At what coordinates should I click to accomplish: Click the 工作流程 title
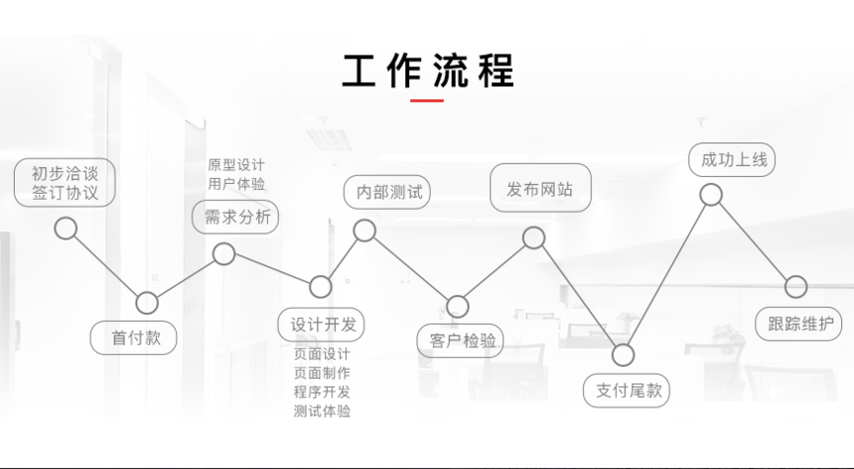pyautogui.click(x=428, y=71)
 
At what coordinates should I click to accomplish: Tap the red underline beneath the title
pyautogui.click(x=426, y=100)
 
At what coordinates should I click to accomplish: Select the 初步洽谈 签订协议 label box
pyautogui.click(x=65, y=183)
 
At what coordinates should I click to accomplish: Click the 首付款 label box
pyautogui.click(x=133, y=338)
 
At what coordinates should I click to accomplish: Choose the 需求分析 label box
pyautogui.click(x=235, y=217)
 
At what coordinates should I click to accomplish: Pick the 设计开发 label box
pyautogui.click(x=321, y=325)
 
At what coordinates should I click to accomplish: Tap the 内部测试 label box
pyautogui.click(x=386, y=192)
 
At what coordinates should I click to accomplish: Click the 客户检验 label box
pyautogui.click(x=460, y=341)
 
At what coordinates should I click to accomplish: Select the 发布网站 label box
pyautogui.click(x=540, y=188)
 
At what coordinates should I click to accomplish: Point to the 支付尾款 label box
pyautogui.click(x=627, y=391)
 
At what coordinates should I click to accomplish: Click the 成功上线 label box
pyautogui.click(x=732, y=160)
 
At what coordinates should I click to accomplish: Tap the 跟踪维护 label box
pyautogui.click(x=798, y=324)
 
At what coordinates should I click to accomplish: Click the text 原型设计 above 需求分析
pyautogui.click(x=235, y=165)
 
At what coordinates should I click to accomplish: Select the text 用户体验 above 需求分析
pyautogui.click(x=235, y=184)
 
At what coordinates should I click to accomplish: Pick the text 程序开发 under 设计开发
pyautogui.click(x=322, y=391)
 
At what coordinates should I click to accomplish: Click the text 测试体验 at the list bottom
pyautogui.click(x=322, y=410)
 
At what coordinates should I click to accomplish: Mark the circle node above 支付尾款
pyautogui.click(x=623, y=355)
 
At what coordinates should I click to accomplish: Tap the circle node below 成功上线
pyautogui.click(x=711, y=195)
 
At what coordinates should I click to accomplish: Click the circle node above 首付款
pyautogui.click(x=147, y=303)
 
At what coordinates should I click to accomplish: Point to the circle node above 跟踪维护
pyautogui.click(x=795, y=286)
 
